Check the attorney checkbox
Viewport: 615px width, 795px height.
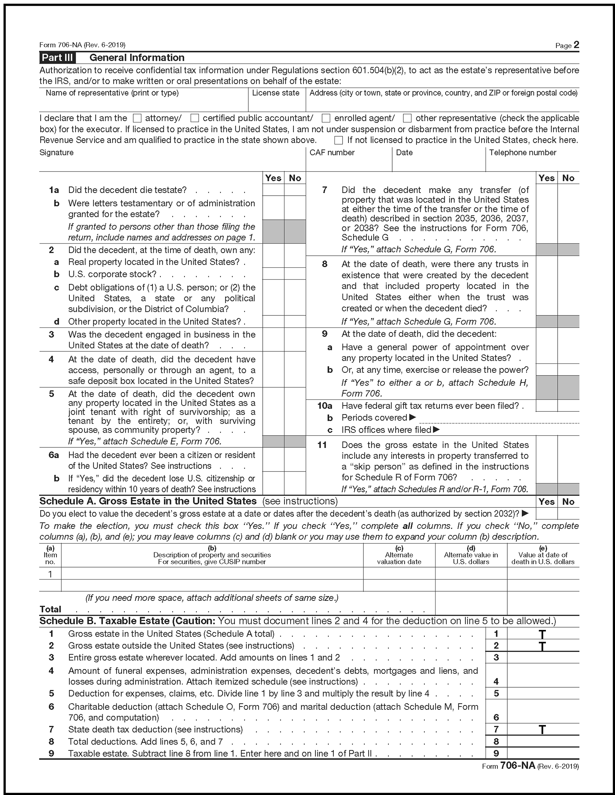pyautogui.click(x=137, y=118)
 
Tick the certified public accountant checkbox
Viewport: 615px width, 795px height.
pyautogui.click(x=195, y=118)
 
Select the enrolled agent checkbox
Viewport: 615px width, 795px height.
pyautogui.click(x=326, y=118)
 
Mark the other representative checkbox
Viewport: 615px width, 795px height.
pyautogui.click(x=407, y=118)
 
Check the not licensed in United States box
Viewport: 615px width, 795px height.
pyautogui.click(x=339, y=140)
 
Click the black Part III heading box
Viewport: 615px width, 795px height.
pyautogui.click(x=57, y=58)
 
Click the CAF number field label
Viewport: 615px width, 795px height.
pyautogui.click(x=331, y=152)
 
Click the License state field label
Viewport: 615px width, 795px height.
pyautogui.click(x=275, y=93)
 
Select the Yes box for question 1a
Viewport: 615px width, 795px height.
pyautogui.click(x=273, y=190)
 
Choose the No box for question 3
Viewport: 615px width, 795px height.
pyautogui.click(x=295, y=340)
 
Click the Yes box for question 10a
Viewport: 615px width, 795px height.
pyautogui.click(x=547, y=405)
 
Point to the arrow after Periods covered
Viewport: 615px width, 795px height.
pyautogui.click(x=412, y=417)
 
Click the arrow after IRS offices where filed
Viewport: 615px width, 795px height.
pyautogui.click(x=436, y=430)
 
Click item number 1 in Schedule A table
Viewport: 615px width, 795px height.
pyautogui.click(x=50, y=574)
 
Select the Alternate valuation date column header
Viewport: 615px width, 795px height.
pyautogui.click(x=399, y=555)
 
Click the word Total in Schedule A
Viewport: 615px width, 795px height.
pyautogui.click(x=50, y=609)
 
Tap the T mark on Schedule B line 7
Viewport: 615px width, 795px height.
pyautogui.click(x=542, y=730)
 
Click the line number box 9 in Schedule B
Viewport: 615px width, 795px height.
pyautogui.click(x=496, y=753)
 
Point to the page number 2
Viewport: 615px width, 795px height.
pyautogui.click(x=576, y=45)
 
